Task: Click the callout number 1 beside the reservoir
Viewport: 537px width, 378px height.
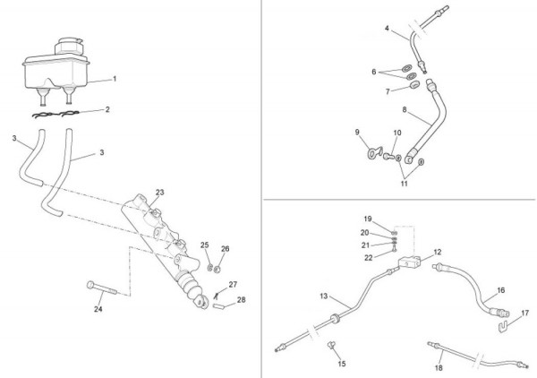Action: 115,79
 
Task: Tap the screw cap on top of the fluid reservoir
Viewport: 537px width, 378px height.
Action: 70,46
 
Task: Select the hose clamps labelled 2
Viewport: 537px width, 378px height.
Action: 55,114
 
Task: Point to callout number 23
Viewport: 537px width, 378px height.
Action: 160,193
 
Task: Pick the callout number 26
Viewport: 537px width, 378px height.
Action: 225,249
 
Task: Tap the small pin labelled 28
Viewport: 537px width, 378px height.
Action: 218,306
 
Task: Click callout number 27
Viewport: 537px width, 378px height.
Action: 233,285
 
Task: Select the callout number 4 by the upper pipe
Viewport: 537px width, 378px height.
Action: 387,28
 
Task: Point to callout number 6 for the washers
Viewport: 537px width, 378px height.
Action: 373,72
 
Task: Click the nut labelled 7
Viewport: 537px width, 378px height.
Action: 414,84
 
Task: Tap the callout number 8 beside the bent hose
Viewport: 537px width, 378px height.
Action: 405,109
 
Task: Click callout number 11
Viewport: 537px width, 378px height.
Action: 405,184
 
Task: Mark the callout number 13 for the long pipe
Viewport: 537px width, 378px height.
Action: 324,296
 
